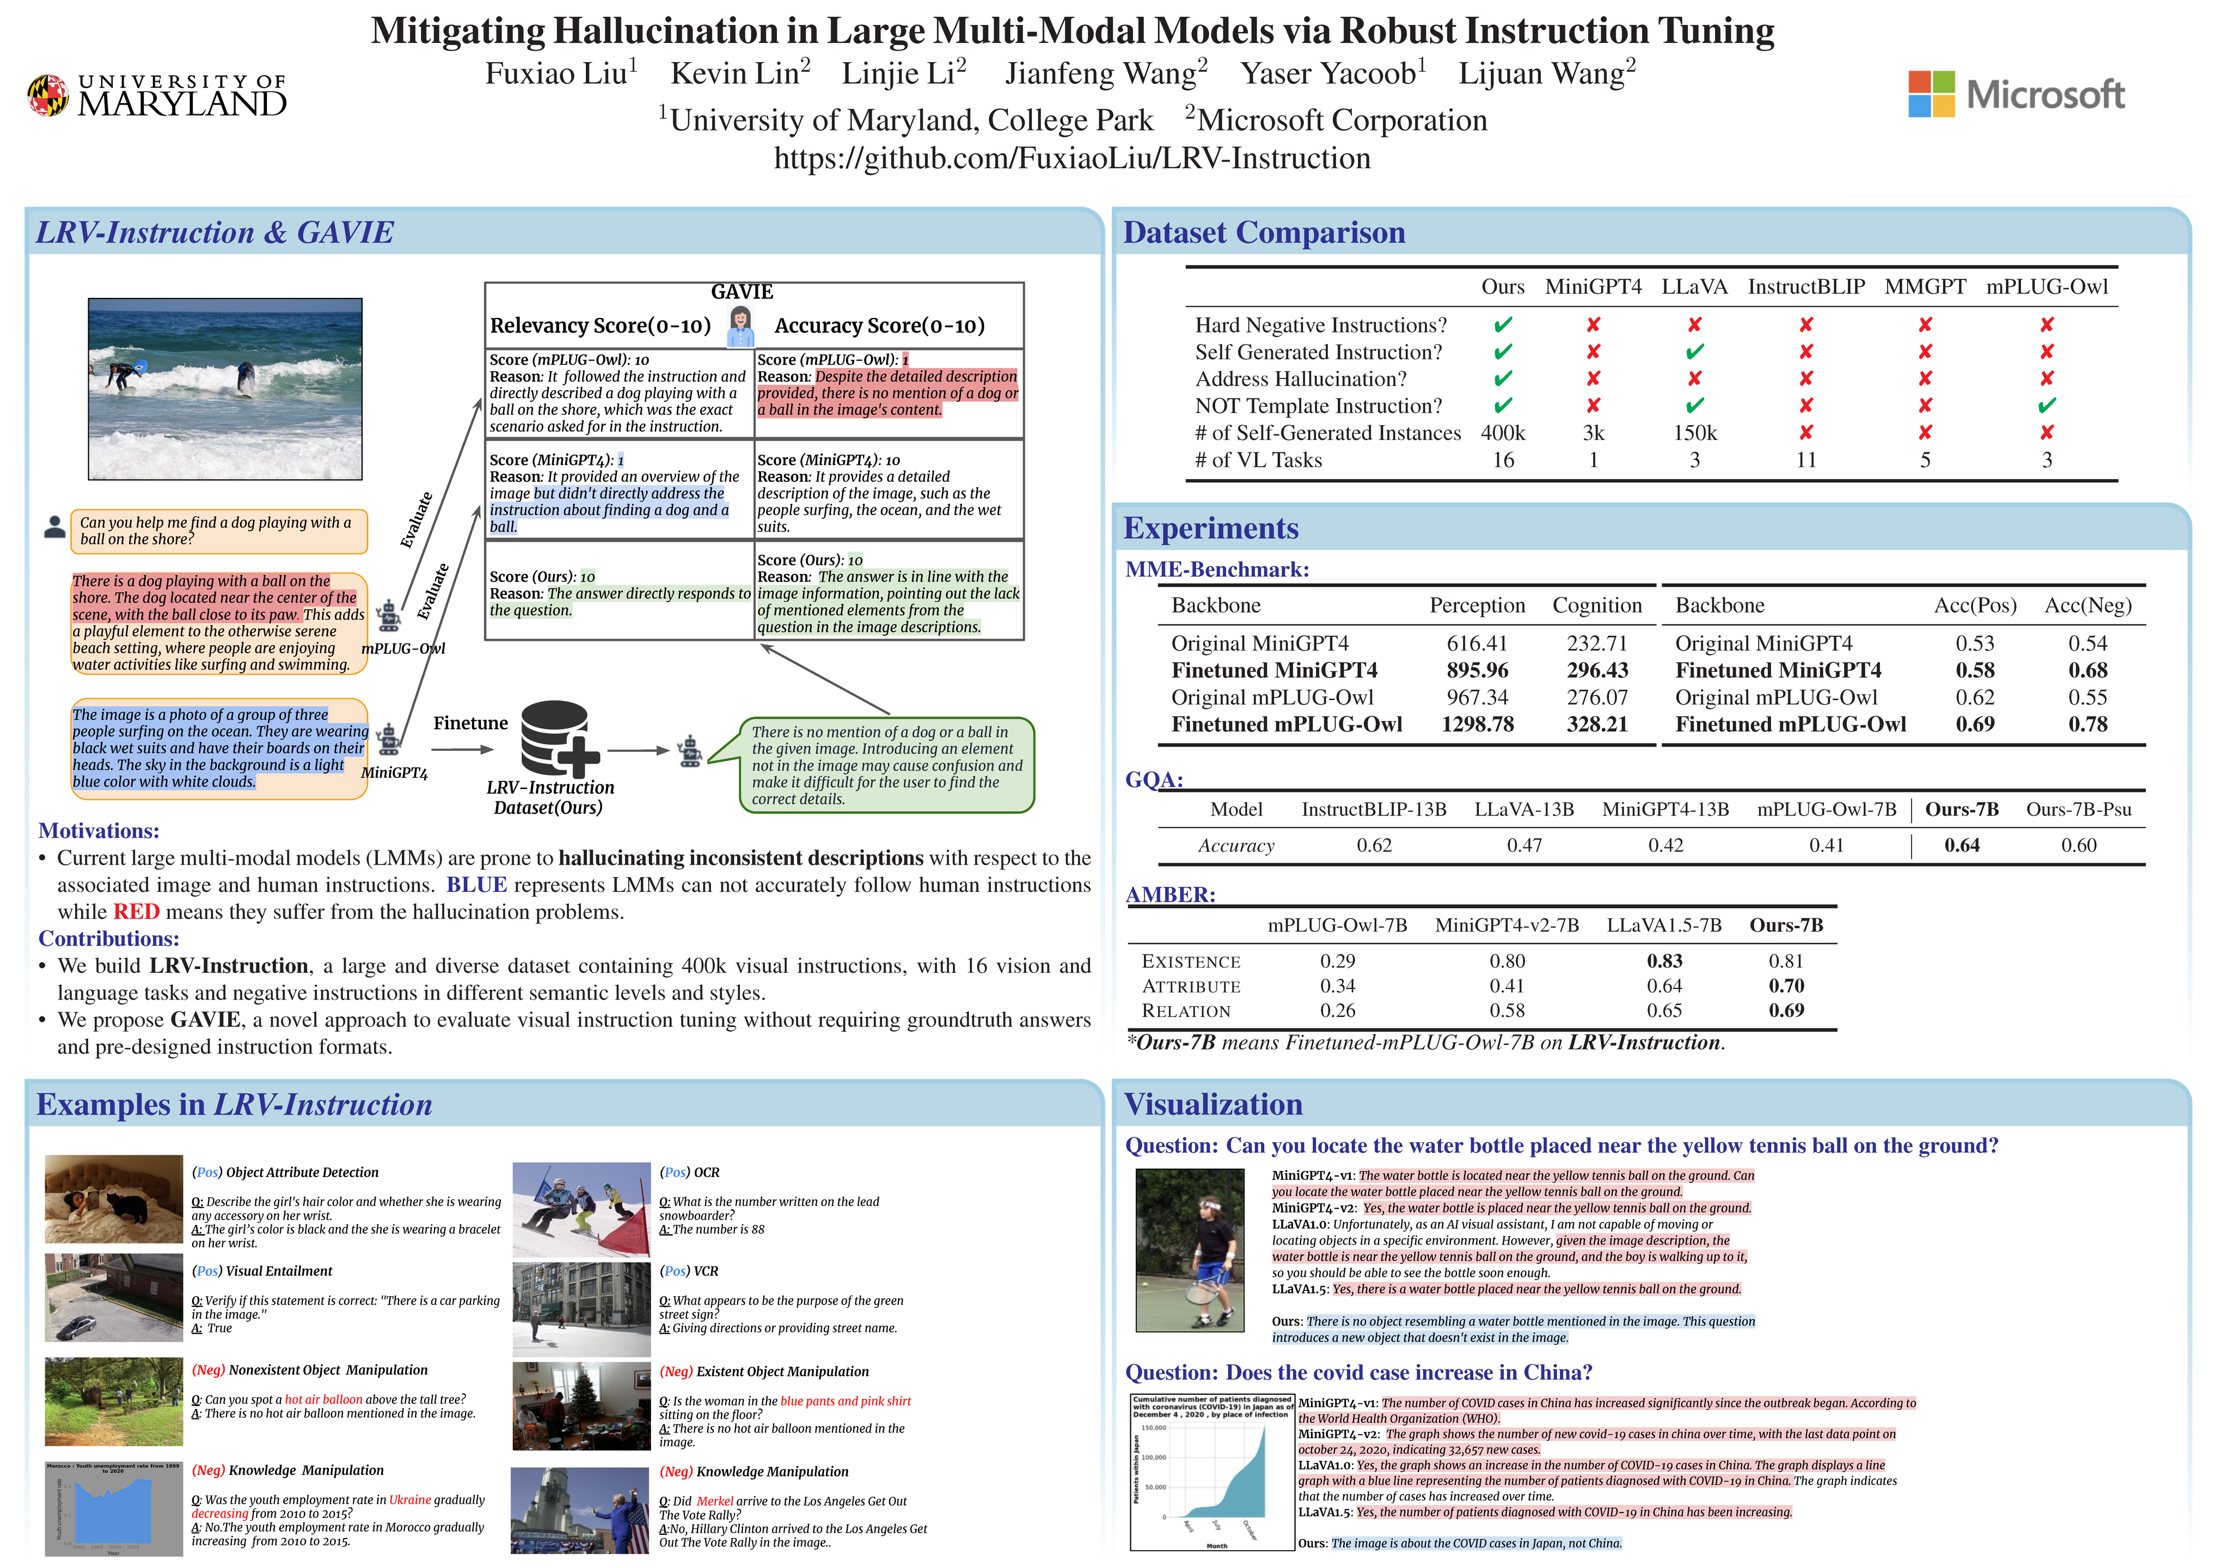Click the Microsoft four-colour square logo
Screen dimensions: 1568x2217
pyautogui.click(x=1931, y=94)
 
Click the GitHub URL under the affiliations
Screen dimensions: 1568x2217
pyautogui.click(x=1072, y=158)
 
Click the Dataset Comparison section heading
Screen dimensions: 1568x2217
pyautogui.click(x=1264, y=232)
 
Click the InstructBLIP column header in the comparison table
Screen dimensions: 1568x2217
pyautogui.click(x=1805, y=287)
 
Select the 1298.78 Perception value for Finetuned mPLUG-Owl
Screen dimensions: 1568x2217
pyautogui.click(x=1477, y=724)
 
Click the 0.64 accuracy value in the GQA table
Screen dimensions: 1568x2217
pyautogui.click(x=1961, y=846)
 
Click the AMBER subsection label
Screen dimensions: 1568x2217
pyautogui.click(x=1171, y=895)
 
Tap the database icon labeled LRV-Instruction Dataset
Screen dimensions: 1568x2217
pyautogui.click(x=558, y=739)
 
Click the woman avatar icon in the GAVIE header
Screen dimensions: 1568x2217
pyautogui.click(x=740, y=326)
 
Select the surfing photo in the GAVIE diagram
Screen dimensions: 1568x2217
pyautogui.click(x=225, y=389)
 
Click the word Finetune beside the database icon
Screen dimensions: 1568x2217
pyautogui.click(x=470, y=723)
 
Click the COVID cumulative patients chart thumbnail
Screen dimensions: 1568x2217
pyautogui.click(x=1212, y=1472)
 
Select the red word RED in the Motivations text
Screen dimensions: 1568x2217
pyautogui.click(x=136, y=912)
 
